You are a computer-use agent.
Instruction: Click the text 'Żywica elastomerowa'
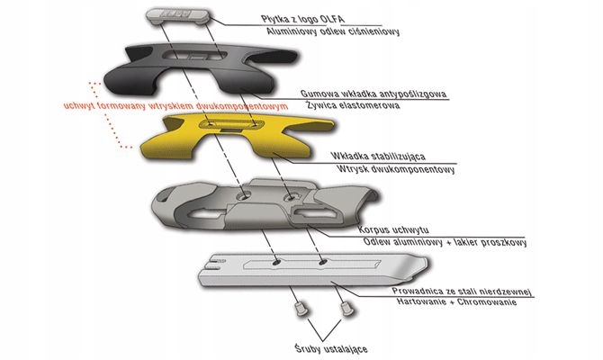tap(352, 104)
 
